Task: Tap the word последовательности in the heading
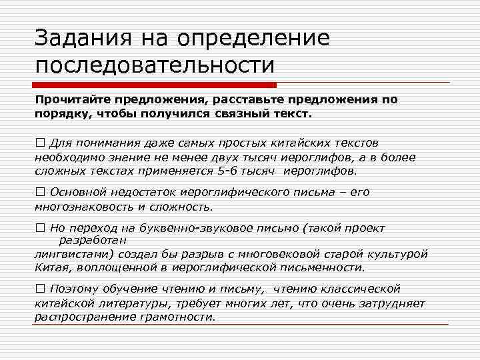pyautogui.click(x=155, y=65)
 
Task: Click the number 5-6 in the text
pyautogui.click(x=228, y=170)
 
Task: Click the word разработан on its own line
pyautogui.click(x=93, y=240)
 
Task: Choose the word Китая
pyautogui.click(x=51, y=267)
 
